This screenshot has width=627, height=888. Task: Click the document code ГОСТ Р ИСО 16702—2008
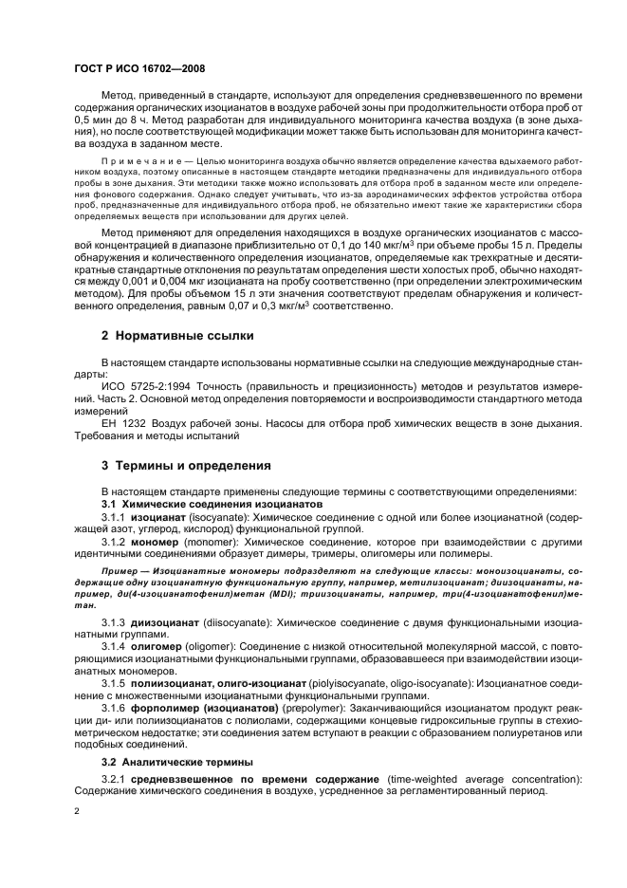coord(139,69)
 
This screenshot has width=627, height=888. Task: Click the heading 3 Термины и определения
coord(179,466)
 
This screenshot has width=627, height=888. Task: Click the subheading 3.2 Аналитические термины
coord(171,762)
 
